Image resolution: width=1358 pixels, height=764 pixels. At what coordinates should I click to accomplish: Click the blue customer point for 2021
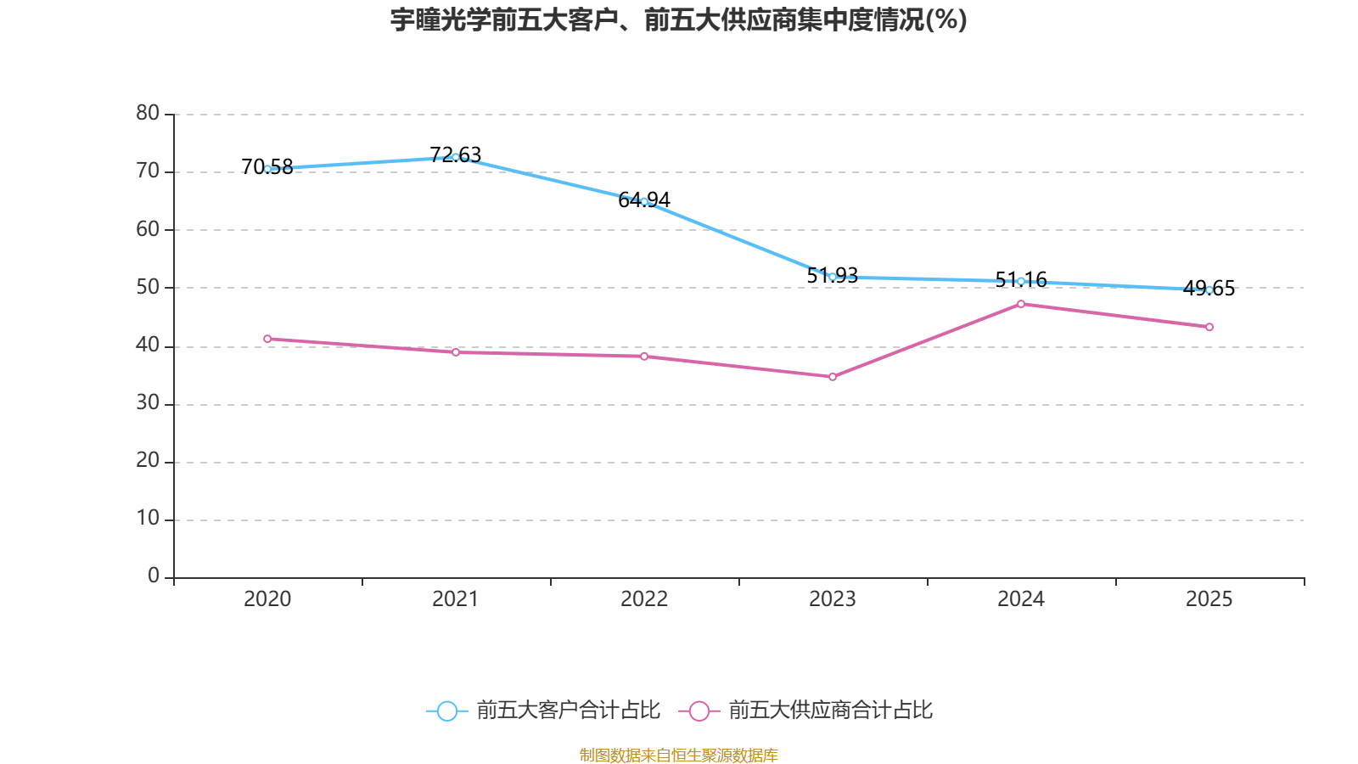(x=456, y=157)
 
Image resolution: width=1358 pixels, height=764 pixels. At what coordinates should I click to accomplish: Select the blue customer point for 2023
(x=833, y=277)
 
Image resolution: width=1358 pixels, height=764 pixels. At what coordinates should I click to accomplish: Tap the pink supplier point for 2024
(x=1021, y=304)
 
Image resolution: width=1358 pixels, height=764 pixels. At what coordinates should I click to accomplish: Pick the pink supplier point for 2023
(x=833, y=377)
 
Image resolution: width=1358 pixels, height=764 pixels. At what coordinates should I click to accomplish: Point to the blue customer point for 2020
(x=267, y=169)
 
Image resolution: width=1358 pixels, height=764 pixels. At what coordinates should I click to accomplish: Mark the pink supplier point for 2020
(x=267, y=339)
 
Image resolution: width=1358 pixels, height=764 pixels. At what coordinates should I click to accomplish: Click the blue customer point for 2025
(x=1209, y=289)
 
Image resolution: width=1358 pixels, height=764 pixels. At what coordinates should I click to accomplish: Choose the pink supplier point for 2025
(x=1209, y=327)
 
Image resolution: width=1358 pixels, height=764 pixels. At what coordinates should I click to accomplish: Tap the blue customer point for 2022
(x=644, y=201)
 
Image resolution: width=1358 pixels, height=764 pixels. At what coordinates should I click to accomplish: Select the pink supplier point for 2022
(x=644, y=357)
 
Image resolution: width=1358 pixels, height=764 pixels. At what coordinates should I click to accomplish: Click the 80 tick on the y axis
(x=148, y=113)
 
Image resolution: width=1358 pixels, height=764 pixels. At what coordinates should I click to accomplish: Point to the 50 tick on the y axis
(x=148, y=287)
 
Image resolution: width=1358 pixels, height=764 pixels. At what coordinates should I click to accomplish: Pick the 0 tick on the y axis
(x=154, y=576)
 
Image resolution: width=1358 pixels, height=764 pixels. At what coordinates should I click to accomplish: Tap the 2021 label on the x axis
(x=456, y=599)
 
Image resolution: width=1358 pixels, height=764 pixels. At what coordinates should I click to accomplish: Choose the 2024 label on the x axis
(x=1021, y=599)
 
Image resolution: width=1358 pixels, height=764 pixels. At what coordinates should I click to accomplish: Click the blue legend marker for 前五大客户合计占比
(x=446, y=711)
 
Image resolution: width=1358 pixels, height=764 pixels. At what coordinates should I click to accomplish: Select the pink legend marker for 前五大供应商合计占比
(x=699, y=711)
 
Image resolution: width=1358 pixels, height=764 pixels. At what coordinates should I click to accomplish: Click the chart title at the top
(x=679, y=20)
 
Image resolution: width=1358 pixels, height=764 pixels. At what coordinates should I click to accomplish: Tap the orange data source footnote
(x=679, y=755)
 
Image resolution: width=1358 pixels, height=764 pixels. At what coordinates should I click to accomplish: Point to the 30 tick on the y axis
(x=148, y=403)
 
